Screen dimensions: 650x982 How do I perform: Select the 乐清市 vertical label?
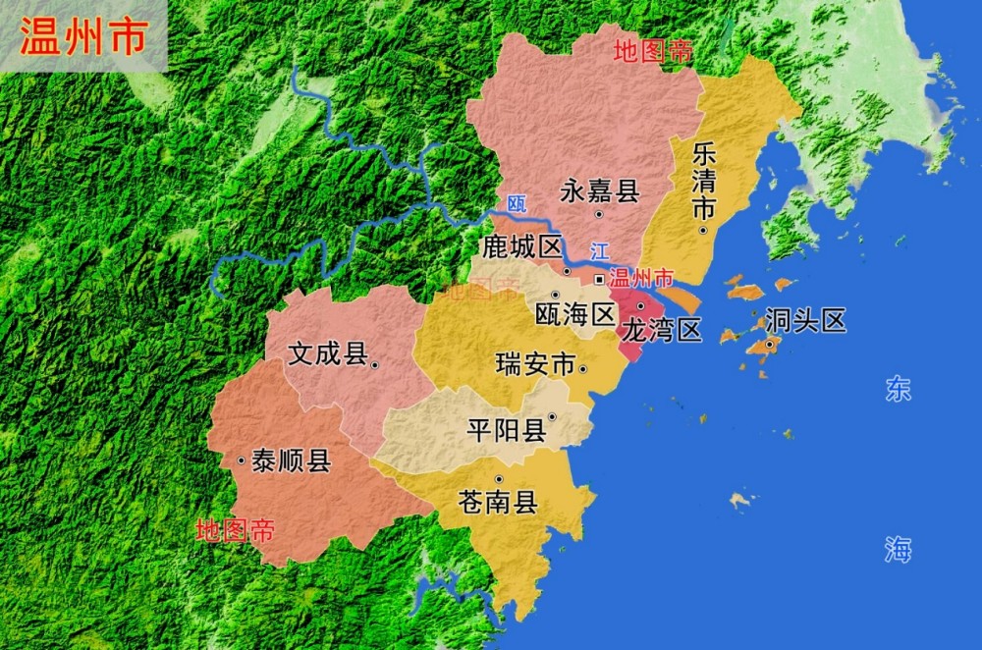coord(703,182)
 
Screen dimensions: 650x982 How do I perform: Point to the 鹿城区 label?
coord(520,247)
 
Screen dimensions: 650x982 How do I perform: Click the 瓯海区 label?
coord(574,314)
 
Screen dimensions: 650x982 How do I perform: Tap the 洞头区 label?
coord(805,320)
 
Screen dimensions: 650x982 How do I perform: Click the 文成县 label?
coord(327,353)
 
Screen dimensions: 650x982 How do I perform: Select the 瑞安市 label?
coord(535,365)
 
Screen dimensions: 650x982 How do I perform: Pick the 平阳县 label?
coord(507,430)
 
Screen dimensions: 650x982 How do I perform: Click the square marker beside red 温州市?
coord(599,280)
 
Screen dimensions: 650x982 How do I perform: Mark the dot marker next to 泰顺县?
coord(241,460)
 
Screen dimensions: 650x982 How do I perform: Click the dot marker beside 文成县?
coord(375,364)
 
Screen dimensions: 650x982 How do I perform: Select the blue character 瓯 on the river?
coord(517,204)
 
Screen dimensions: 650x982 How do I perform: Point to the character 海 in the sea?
coord(898,550)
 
